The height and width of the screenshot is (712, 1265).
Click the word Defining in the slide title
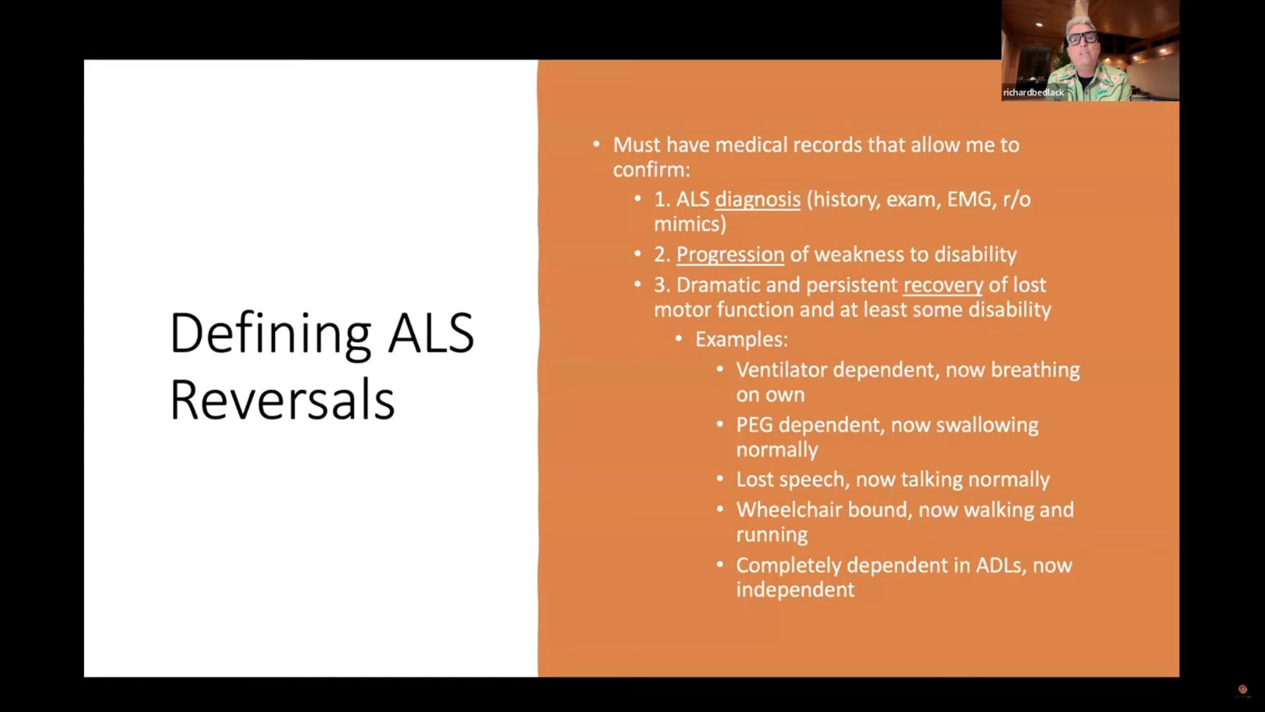pos(270,334)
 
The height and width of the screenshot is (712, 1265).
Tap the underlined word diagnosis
pos(757,199)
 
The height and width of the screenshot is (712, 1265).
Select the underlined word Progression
pos(730,254)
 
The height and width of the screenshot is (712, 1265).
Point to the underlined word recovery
pos(943,285)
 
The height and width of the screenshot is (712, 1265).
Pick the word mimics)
pos(690,224)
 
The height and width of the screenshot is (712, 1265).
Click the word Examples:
pos(742,339)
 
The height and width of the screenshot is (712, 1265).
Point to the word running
pos(772,535)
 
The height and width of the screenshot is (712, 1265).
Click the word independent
pos(795,590)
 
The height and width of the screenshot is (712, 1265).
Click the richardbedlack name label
pos(1033,93)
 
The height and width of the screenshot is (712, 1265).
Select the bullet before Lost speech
pos(720,479)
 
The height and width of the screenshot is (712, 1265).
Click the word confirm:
pos(652,170)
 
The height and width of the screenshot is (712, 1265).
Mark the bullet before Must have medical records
pos(596,144)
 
